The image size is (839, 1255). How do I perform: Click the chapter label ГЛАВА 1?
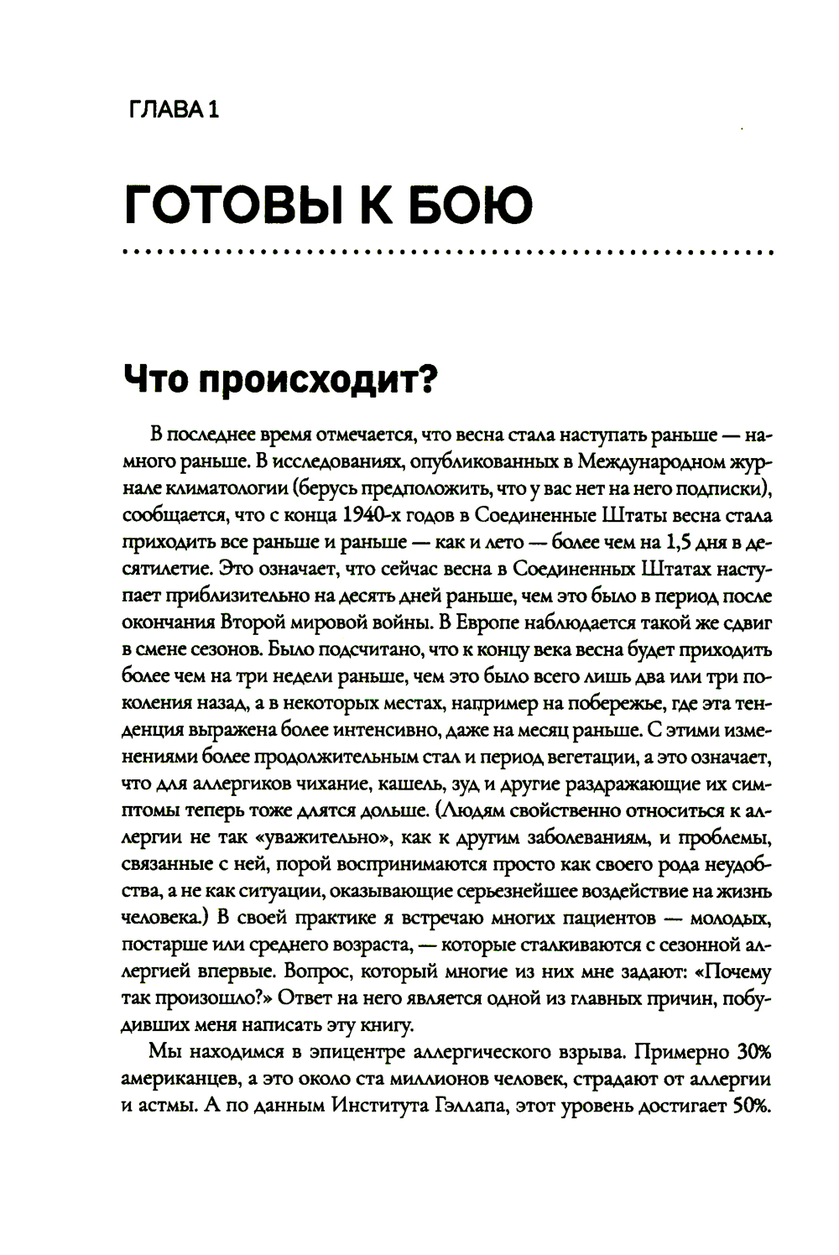click(x=170, y=110)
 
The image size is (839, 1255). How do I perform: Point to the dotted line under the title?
click(x=446, y=252)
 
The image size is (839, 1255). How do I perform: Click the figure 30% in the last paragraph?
click(x=754, y=1051)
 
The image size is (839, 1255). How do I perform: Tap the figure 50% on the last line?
click(x=750, y=1105)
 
